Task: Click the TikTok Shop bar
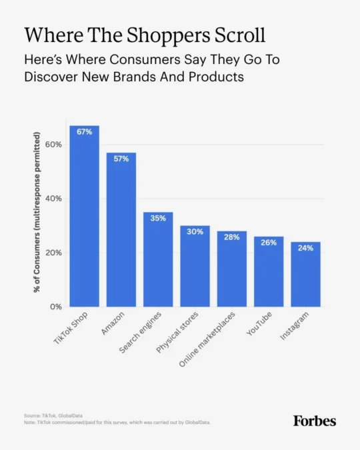pyautogui.click(x=85, y=216)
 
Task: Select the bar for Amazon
pyautogui.click(x=121, y=229)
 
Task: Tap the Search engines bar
pyautogui.click(x=158, y=259)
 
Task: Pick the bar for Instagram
pyautogui.click(x=305, y=275)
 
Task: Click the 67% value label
pyautogui.click(x=85, y=132)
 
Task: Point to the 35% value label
pyautogui.click(x=158, y=218)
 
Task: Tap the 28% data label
pyautogui.click(x=232, y=237)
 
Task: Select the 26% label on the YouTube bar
pyautogui.click(x=269, y=243)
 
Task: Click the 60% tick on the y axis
pyautogui.click(x=53, y=145)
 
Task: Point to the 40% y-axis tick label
pyautogui.click(x=53, y=198)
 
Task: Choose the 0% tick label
pyautogui.click(x=56, y=307)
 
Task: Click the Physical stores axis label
pyautogui.click(x=177, y=332)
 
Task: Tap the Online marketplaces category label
pyautogui.click(x=207, y=339)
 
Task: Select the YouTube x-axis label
pyautogui.click(x=259, y=323)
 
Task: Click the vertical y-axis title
pyautogui.click(x=37, y=212)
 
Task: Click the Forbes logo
pyautogui.click(x=315, y=421)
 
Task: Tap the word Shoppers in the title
pyautogui.click(x=167, y=35)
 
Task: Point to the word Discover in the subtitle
pyautogui.click(x=51, y=77)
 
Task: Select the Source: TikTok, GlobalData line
pyautogui.click(x=53, y=415)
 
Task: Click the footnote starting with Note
pyautogui.click(x=117, y=423)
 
